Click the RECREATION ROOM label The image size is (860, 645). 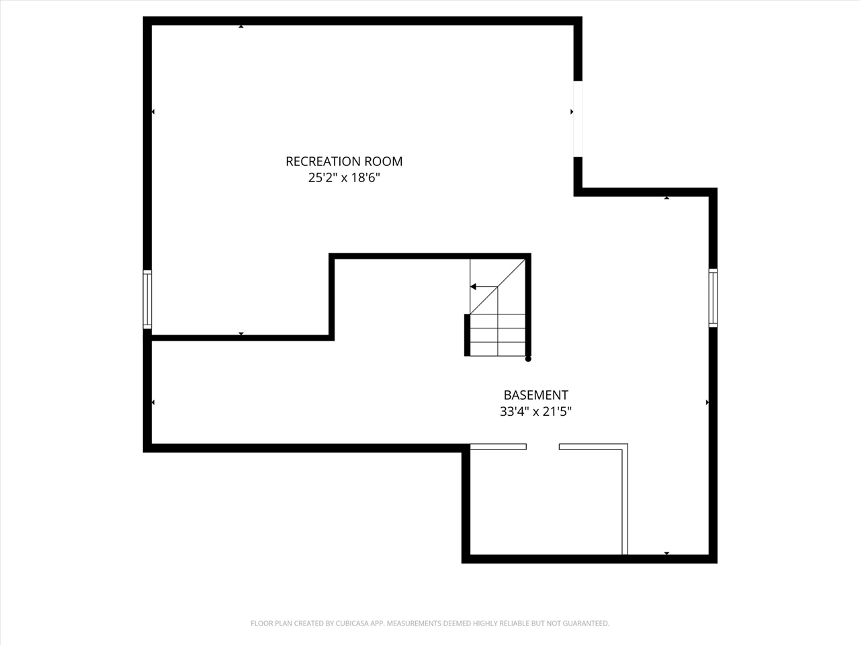pyautogui.click(x=344, y=161)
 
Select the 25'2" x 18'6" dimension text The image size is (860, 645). pyautogui.click(x=344, y=178)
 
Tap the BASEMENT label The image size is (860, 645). pyautogui.click(x=535, y=395)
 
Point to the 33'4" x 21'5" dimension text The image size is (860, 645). pyautogui.click(x=535, y=411)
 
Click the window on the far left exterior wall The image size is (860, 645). pyautogui.click(x=147, y=299)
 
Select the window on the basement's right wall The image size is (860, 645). pyautogui.click(x=713, y=298)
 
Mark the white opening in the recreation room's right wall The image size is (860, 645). pyautogui.click(x=577, y=119)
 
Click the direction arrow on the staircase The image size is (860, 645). pyautogui.click(x=474, y=287)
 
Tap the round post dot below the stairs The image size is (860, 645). pyautogui.click(x=528, y=359)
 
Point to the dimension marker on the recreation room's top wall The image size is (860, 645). pyautogui.click(x=241, y=26)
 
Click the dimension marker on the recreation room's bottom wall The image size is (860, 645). pyautogui.click(x=241, y=334)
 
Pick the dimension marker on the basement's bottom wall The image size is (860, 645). pyautogui.click(x=666, y=554)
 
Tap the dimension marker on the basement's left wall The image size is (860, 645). pyautogui.click(x=153, y=402)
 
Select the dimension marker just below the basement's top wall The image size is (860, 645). pyautogui.click(x=666, y=198)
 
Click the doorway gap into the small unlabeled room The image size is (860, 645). pyautogui.click(x=542, y=446)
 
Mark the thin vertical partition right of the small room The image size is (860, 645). pyautogui.click(x=625, y=501)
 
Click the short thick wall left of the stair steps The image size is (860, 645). pyautogui.click(x=467, y=335)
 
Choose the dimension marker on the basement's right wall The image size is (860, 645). pyautogui.click(x=707, y=402)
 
